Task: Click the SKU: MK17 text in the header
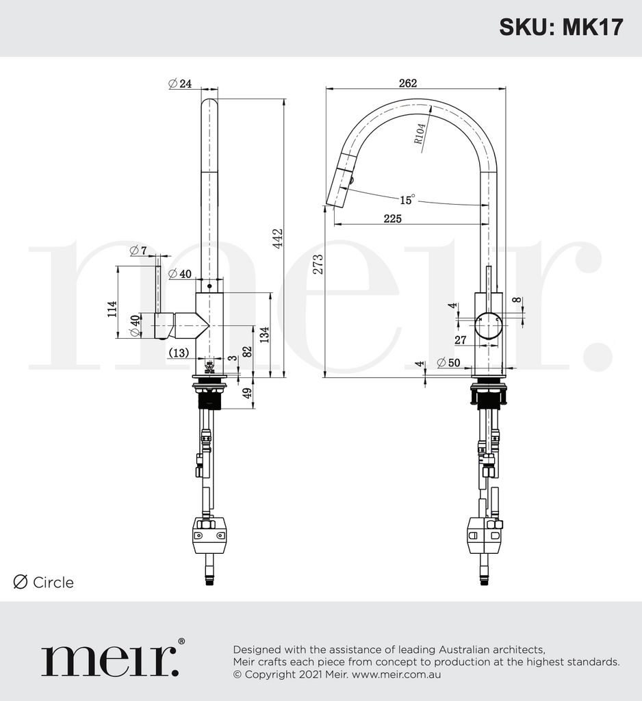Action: click(x=561, y=27)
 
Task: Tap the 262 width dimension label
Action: click(x=407, y=83)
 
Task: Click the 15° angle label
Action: click(x=407, y=200)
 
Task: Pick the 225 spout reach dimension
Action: click(x=392, y=218)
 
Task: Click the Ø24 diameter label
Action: click(x=179, y=84)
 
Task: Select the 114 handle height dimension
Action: click(x=112, y=309)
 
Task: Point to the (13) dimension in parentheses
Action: click(x=179, y=353)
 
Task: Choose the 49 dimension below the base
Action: click(x=248, y=393)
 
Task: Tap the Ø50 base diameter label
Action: click(x=448, y=363)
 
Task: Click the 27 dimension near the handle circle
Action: click(x=460, y=340)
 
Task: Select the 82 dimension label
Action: click(x=248, y=350)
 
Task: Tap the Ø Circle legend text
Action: click(x=44, y=583)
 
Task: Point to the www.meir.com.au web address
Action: click(x=396, y=674)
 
